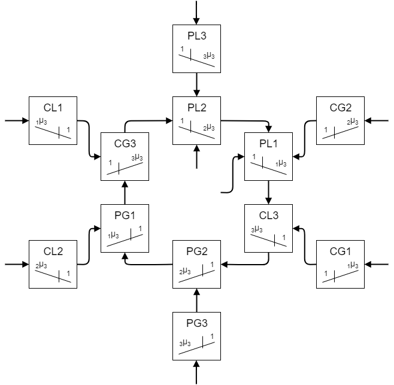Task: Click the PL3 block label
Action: pos(197,36)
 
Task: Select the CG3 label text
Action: pos(125,144)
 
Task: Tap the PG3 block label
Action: pos(197,323)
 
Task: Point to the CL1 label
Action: pos(53,108)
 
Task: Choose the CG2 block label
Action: pos(341,108)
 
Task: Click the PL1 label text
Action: pos(268,144)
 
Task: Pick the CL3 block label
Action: pos(269,216)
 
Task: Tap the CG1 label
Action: pos(340,251)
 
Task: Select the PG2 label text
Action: pos(197,251)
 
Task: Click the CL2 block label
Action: pos(53,251)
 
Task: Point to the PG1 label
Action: pos(125,216)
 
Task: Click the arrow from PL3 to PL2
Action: pos(196,84)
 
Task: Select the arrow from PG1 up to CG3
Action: pos(125,193)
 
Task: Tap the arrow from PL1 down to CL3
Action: pos(269,193)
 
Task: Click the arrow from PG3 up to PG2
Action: pos(197,301)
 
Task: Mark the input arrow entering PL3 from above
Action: pos(196,13)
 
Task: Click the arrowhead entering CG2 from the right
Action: pos(368,120)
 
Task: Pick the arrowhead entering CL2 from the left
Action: pos(26,265)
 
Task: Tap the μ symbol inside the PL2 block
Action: pos(209,127)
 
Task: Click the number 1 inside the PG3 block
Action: pos(212,337)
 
